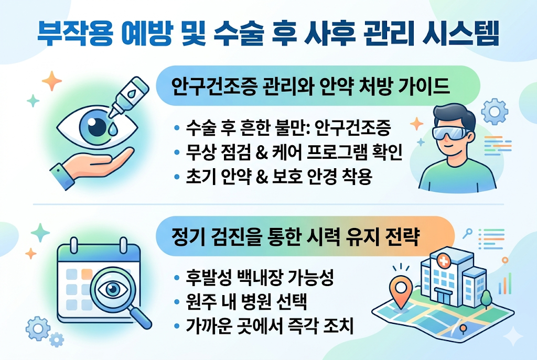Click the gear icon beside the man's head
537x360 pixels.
[493, 111]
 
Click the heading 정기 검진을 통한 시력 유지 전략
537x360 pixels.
[295, 237]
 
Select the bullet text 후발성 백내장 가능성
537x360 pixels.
[260, 279]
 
